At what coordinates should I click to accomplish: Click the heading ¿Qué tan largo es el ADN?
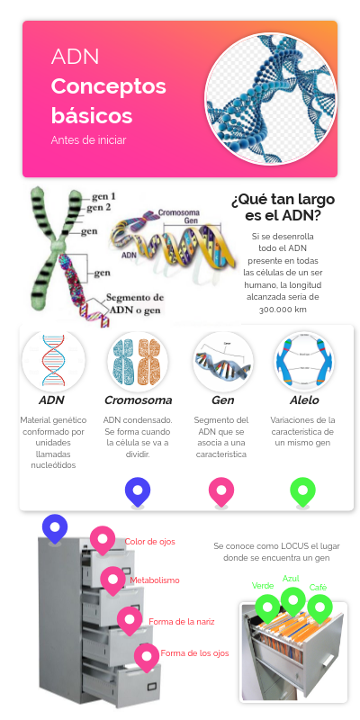(283, 206)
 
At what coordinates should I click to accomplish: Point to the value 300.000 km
(283, 309)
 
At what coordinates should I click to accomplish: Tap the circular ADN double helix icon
(53, 361)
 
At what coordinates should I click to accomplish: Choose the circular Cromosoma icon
(138, 361)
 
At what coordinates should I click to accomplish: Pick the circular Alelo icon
(304, 361)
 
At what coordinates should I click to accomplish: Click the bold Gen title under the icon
(222, 400)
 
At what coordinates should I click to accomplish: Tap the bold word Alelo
(304, 400)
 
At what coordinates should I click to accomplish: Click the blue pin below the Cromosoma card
(138, 490)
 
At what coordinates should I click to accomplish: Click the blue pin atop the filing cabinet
(55, 527)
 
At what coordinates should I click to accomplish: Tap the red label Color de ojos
(149, 542)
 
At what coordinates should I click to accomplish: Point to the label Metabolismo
(155, 580)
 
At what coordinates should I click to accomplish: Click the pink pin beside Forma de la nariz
(130, 619)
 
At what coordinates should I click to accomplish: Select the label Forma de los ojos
(195, 652)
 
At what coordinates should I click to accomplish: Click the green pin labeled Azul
(292, 599)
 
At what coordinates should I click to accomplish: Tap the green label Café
(318, 587)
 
